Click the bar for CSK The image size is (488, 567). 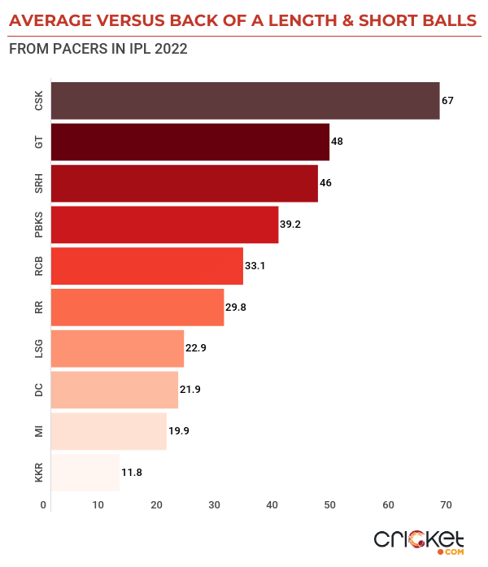(245, 101)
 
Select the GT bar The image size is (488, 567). (190, 142)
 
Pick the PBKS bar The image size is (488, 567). (164, 225)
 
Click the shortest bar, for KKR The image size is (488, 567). (85, 473)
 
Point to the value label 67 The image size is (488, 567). (447, 101)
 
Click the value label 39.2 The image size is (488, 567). (290, 225)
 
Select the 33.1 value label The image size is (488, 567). (255, 265)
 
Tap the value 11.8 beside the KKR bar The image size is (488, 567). (131, 473)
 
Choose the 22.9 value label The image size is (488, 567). (196, 348)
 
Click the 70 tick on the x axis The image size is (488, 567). (446, 505)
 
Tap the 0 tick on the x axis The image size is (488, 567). (44, 505)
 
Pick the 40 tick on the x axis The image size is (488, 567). (272, 505)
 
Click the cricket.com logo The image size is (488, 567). (419, 541)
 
